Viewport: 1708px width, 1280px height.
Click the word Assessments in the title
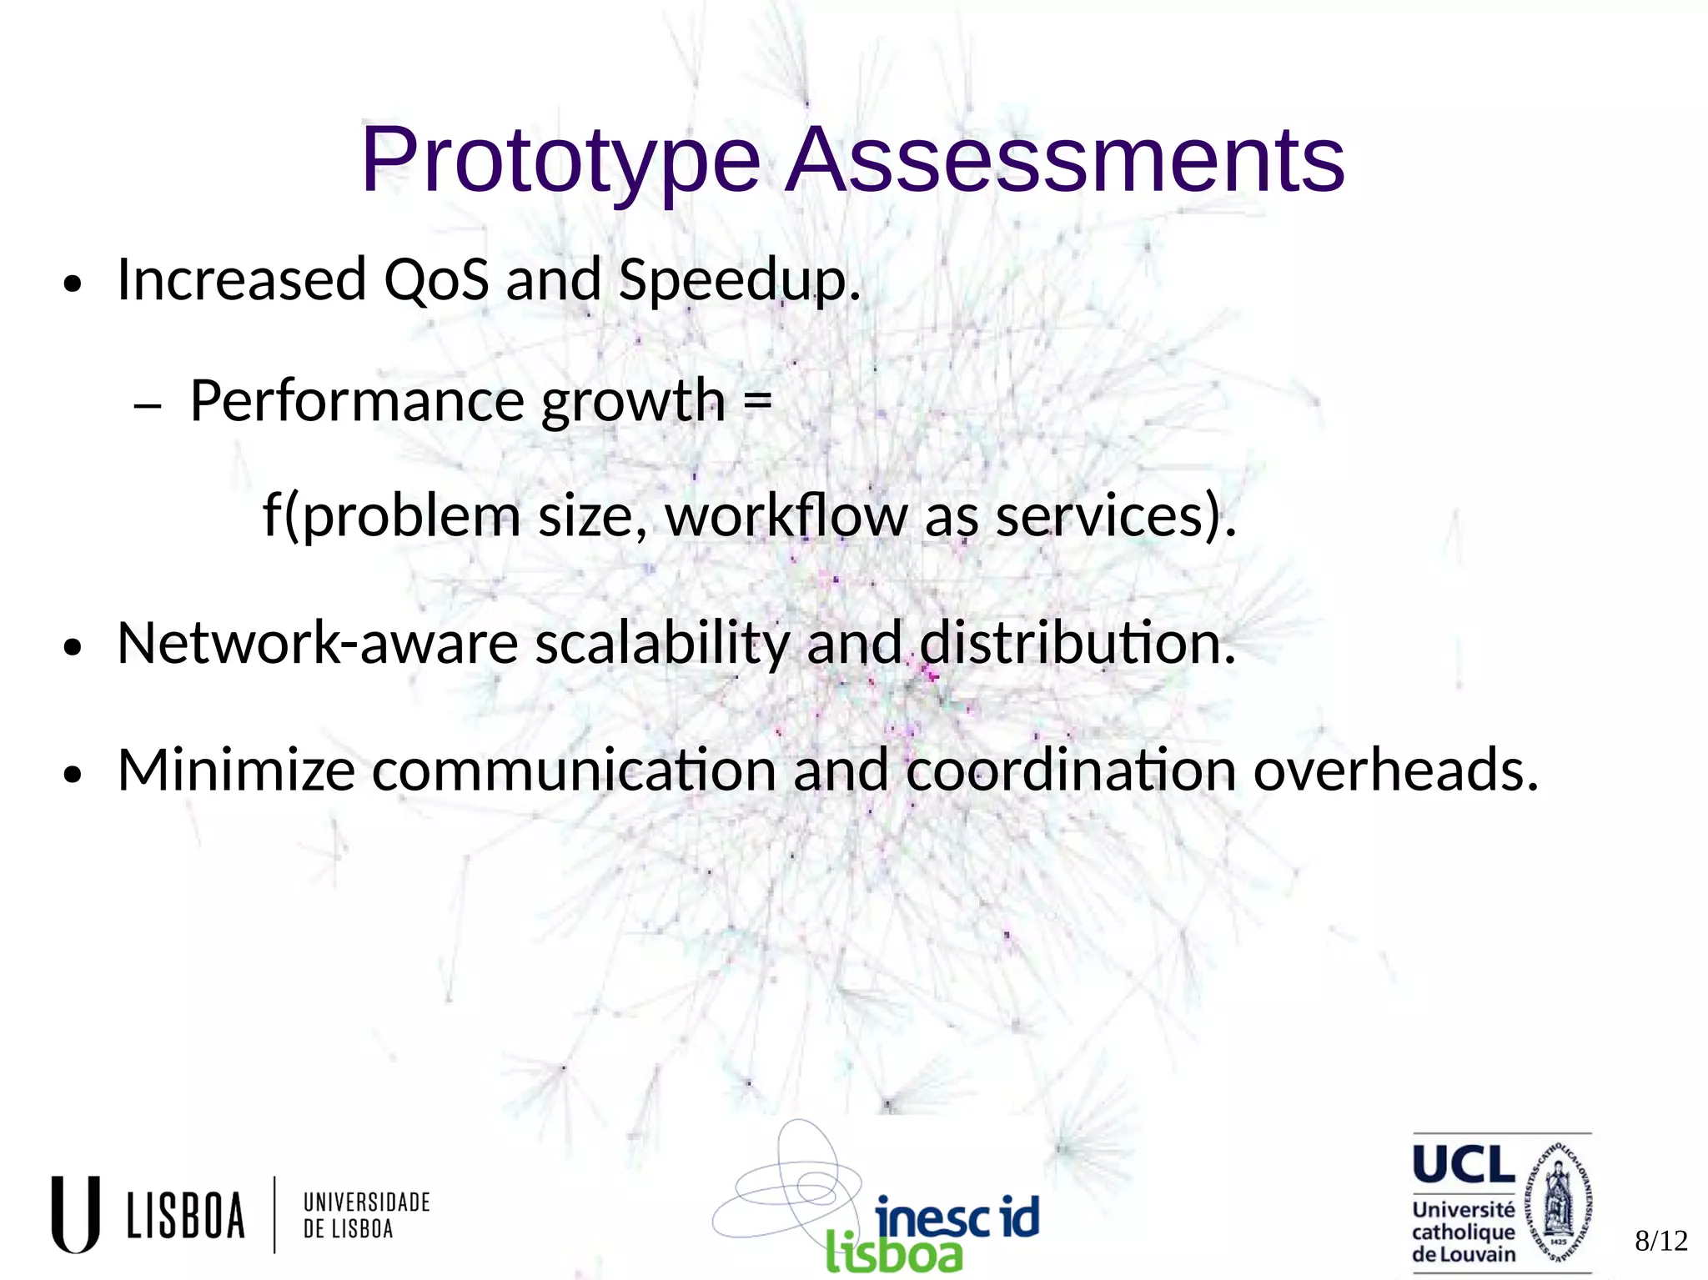1066,160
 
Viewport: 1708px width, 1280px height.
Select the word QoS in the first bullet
435,279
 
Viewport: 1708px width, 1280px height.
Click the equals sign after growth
757,400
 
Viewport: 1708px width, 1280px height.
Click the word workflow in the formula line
786,516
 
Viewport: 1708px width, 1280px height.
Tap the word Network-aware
318,644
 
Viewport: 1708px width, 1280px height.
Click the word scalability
661,644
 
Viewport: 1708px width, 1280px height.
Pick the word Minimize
236,770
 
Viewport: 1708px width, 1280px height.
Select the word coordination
1071,770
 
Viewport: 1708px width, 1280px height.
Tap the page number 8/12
1660,1241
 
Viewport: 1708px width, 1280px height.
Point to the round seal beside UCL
1558,1203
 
